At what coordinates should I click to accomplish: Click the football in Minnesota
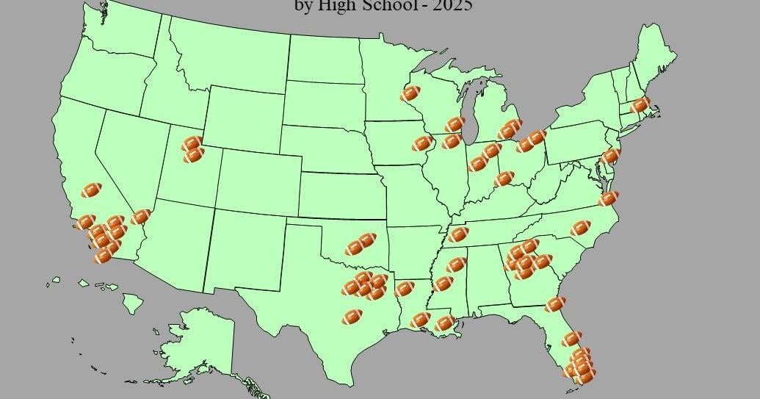[x=410, y=93]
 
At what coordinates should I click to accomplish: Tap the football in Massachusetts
[x=640, y=105]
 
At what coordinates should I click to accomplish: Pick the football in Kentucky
[x=504, y=179]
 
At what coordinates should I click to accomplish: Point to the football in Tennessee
[x=457, y=234]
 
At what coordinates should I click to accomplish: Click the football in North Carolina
[x=580, y=228]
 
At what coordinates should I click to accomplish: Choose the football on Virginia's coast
[x=608, y=198]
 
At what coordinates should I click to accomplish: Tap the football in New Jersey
[x=609, y=156]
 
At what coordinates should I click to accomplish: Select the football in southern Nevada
[x=140, y=217]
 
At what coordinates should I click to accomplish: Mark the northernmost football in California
[x=91, y=190]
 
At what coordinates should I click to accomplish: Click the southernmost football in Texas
[x=352, y=317]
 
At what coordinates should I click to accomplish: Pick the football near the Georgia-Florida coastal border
[x=555, y=303]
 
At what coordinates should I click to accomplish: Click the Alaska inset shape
[x=198, y=338]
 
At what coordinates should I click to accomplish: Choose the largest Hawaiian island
[x=133, y=302]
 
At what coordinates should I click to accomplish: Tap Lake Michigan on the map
[x=471, y=121]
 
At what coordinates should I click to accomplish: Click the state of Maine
[x=656, y=55]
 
